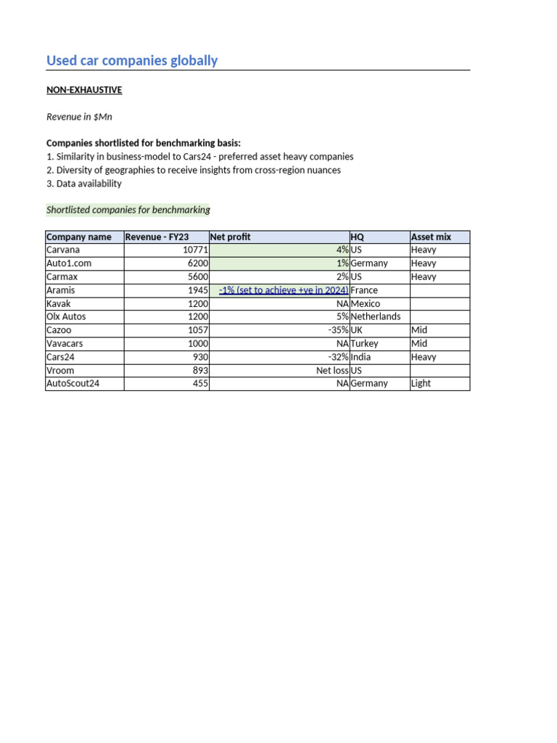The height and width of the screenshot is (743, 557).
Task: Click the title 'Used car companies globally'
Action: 132,60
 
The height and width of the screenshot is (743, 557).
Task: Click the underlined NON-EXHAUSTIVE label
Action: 84,90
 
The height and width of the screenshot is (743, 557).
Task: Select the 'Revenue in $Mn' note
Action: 79,117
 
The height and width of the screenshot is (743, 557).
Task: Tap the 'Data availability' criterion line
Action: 84,184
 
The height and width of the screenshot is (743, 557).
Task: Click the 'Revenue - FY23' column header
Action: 157,237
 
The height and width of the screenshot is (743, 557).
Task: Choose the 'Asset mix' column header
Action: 431,237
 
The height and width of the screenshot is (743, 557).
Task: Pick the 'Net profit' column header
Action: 231,237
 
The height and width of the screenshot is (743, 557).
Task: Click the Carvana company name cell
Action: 63,250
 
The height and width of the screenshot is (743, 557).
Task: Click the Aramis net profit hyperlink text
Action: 284,290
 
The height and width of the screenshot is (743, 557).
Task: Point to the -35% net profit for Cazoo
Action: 338,330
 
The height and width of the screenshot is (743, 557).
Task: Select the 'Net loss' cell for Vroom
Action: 332,371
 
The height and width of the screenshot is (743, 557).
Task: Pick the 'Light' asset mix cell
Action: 421,384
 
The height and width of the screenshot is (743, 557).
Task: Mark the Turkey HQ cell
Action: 364,344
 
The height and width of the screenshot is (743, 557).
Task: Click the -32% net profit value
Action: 338,357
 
